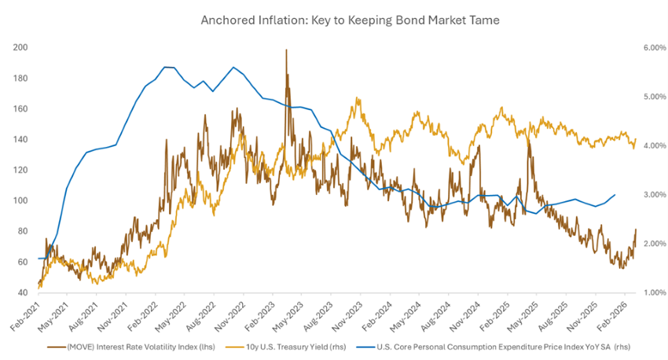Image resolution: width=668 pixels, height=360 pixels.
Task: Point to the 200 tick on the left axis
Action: pyautogui.click(x=21, y=48)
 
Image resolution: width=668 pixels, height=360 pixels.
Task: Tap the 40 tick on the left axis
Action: pyautogui.click(x=24, y=293)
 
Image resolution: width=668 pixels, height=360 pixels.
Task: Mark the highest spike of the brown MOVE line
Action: pyautogui.click(x=286, y=50)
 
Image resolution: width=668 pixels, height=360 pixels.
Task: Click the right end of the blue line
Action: pyautogui.click(x=615, y=194)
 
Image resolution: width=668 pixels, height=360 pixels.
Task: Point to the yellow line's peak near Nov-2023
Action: pyautogui.click(x=358, y=98)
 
